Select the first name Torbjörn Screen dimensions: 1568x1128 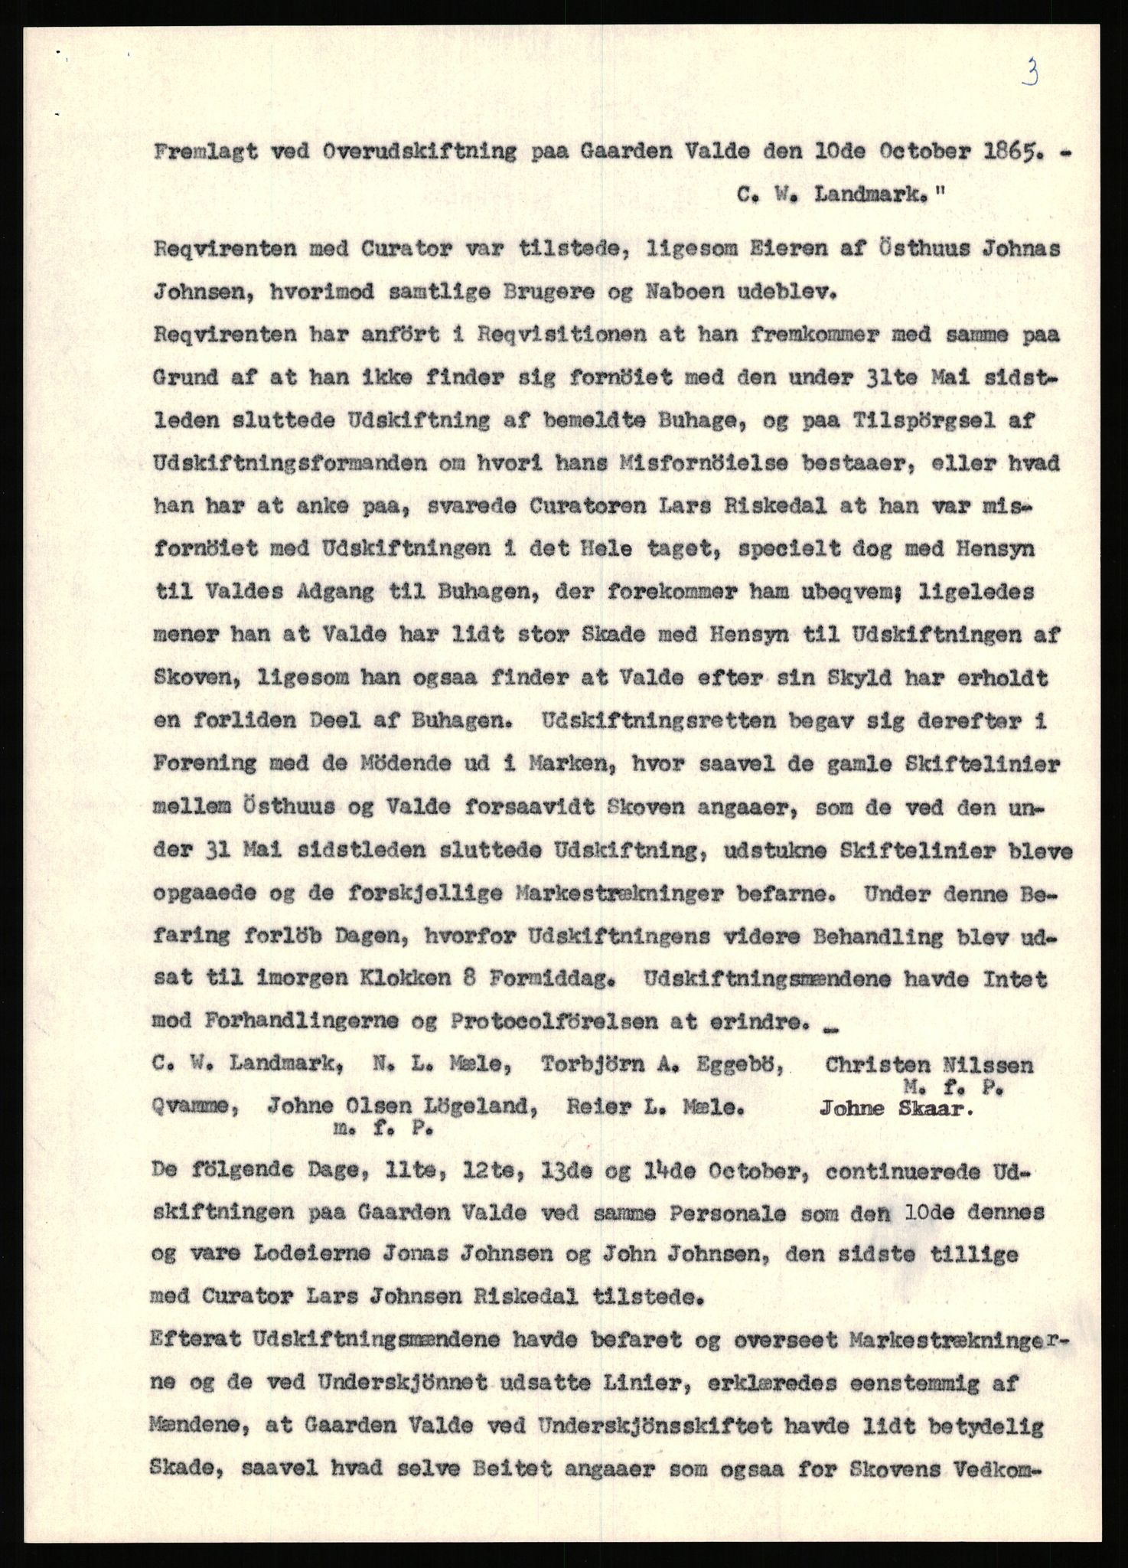click(603, 1065)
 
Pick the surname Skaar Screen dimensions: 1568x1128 click(934, 1109)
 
